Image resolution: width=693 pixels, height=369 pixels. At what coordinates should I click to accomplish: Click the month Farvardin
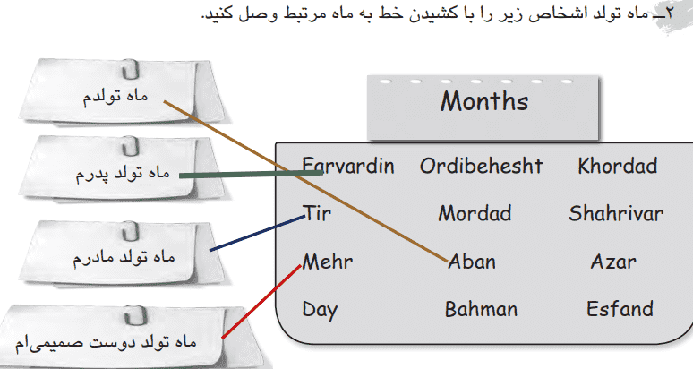(x=348, y=166)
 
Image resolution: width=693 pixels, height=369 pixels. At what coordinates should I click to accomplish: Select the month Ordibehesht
(x=481, y=166)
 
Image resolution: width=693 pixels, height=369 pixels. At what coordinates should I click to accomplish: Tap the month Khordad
(x=618, y=166)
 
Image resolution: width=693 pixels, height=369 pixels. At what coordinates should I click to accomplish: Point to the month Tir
(x=317, y=213)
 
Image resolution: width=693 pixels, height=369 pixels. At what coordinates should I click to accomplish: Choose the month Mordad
(x=475, y=214)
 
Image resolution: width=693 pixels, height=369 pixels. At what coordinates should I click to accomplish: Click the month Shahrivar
(x=616, y=214)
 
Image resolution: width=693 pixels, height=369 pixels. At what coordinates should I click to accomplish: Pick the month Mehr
(x=328, y=262)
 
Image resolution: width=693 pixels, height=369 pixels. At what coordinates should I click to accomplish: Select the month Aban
(x=472, y=262)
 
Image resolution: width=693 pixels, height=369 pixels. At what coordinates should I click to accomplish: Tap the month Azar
(x=613, y=262)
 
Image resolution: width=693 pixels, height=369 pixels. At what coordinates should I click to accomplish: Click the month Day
(x=320, y=310)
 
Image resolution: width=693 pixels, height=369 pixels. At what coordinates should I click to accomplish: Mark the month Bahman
(x=481, y=310)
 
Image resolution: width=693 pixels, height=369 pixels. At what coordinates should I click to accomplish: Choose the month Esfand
(x=620, y=310)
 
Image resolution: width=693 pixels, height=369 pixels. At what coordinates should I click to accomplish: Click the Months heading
(x=484, y=101)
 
